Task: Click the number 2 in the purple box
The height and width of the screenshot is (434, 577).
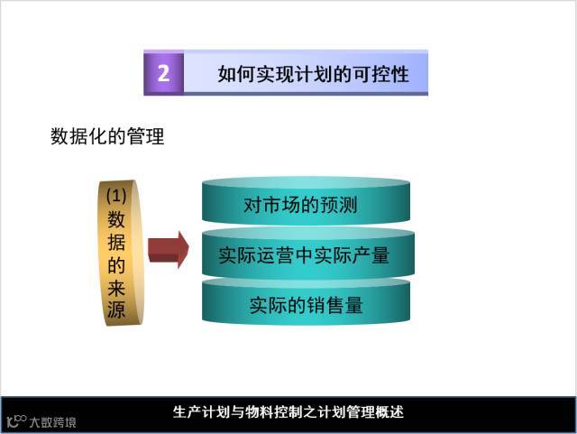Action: pos(163,74)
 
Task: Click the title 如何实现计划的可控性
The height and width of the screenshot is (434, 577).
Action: pos(313,74)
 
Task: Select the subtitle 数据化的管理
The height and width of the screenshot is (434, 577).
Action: pos(107,138)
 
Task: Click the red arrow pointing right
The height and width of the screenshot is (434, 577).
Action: pos(168,250)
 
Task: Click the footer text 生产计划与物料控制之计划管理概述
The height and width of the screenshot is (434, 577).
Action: pos(288,412)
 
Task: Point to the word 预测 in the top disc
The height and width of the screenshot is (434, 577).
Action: pos(339,205)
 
